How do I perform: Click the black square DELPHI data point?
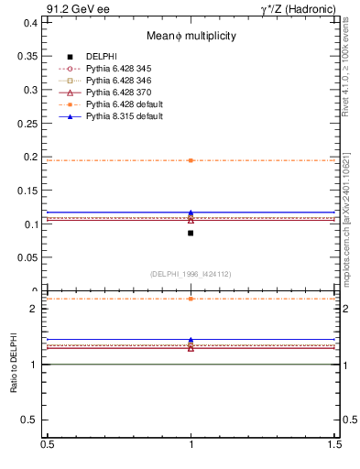point(191,233)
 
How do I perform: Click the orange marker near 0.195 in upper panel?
point(191,160)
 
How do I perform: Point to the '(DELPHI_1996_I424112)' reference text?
point(191,273)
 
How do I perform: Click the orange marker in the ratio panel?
point(191,299)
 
